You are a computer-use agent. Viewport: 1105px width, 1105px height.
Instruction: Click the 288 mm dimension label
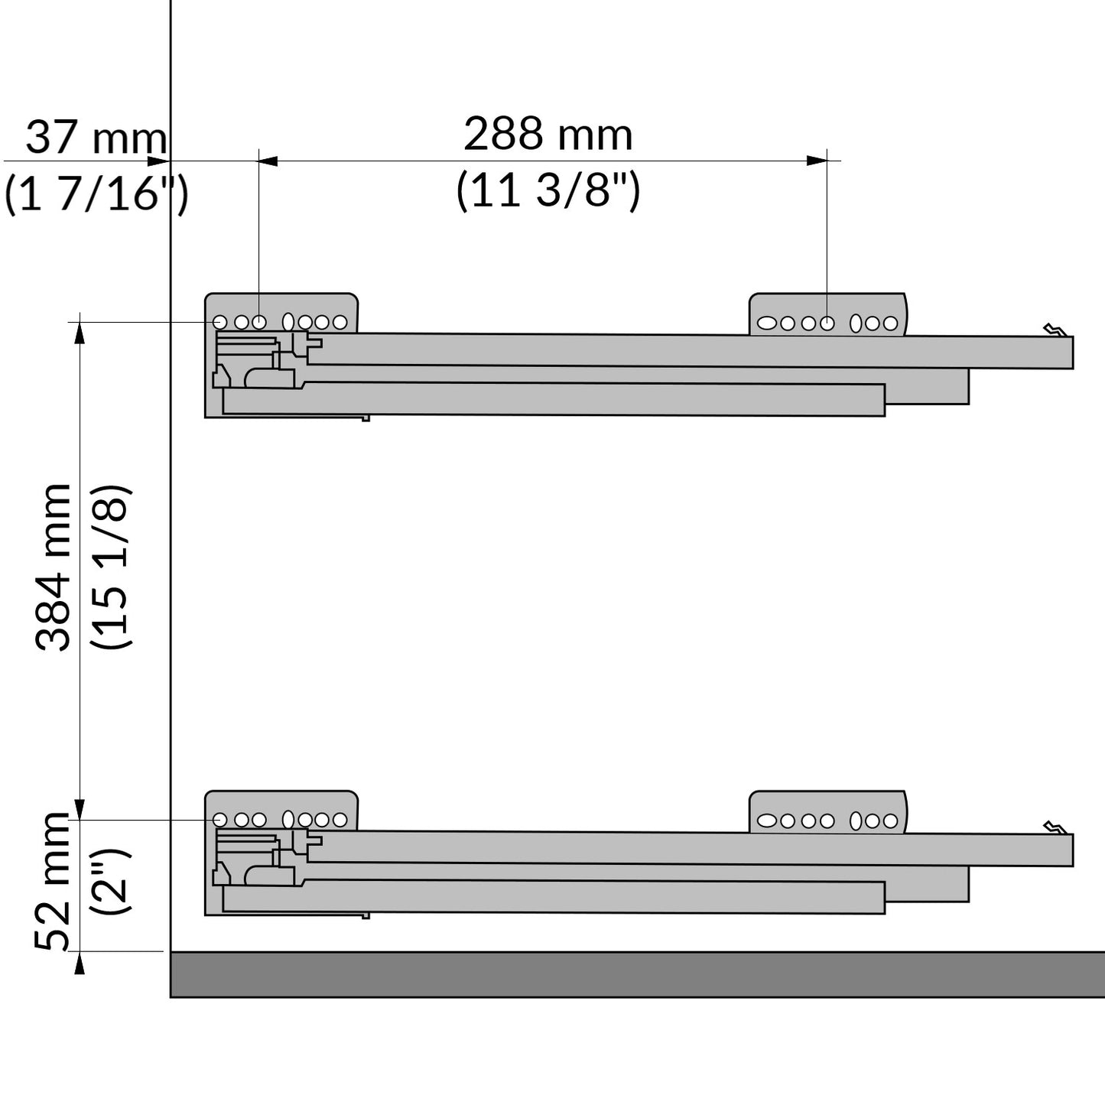(548, 135)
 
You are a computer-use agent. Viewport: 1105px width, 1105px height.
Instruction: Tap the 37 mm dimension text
(96, 138)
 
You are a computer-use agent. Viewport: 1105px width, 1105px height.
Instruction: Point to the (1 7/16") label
(96, 194)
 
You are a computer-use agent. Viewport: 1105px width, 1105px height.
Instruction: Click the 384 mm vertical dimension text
(53, 567)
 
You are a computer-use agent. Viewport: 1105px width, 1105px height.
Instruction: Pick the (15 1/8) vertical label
(112, 567)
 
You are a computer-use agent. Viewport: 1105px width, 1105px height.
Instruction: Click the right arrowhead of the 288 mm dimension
(817, 161)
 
